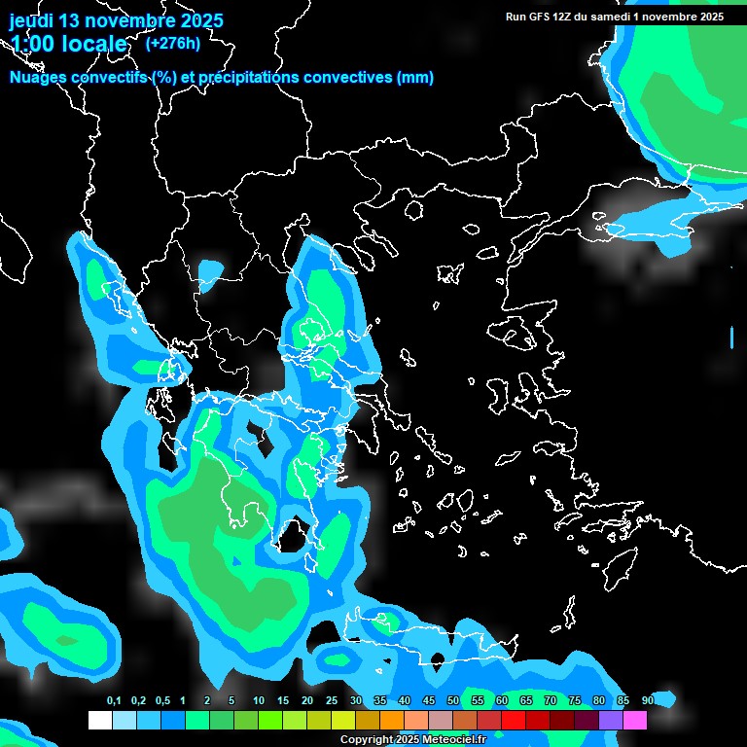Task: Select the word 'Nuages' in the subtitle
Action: point(38,78)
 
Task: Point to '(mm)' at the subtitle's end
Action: point(415,78)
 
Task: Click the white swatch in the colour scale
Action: point(99,721)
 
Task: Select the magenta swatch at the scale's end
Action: point(635,721)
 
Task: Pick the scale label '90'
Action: point(647,701)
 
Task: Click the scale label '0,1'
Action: point(113,701)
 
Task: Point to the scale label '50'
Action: point(452,701)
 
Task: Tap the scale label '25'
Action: point(331,701)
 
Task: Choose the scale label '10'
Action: point(258,701)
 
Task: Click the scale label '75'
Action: point(574,701)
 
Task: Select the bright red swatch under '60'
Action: point(513,721)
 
